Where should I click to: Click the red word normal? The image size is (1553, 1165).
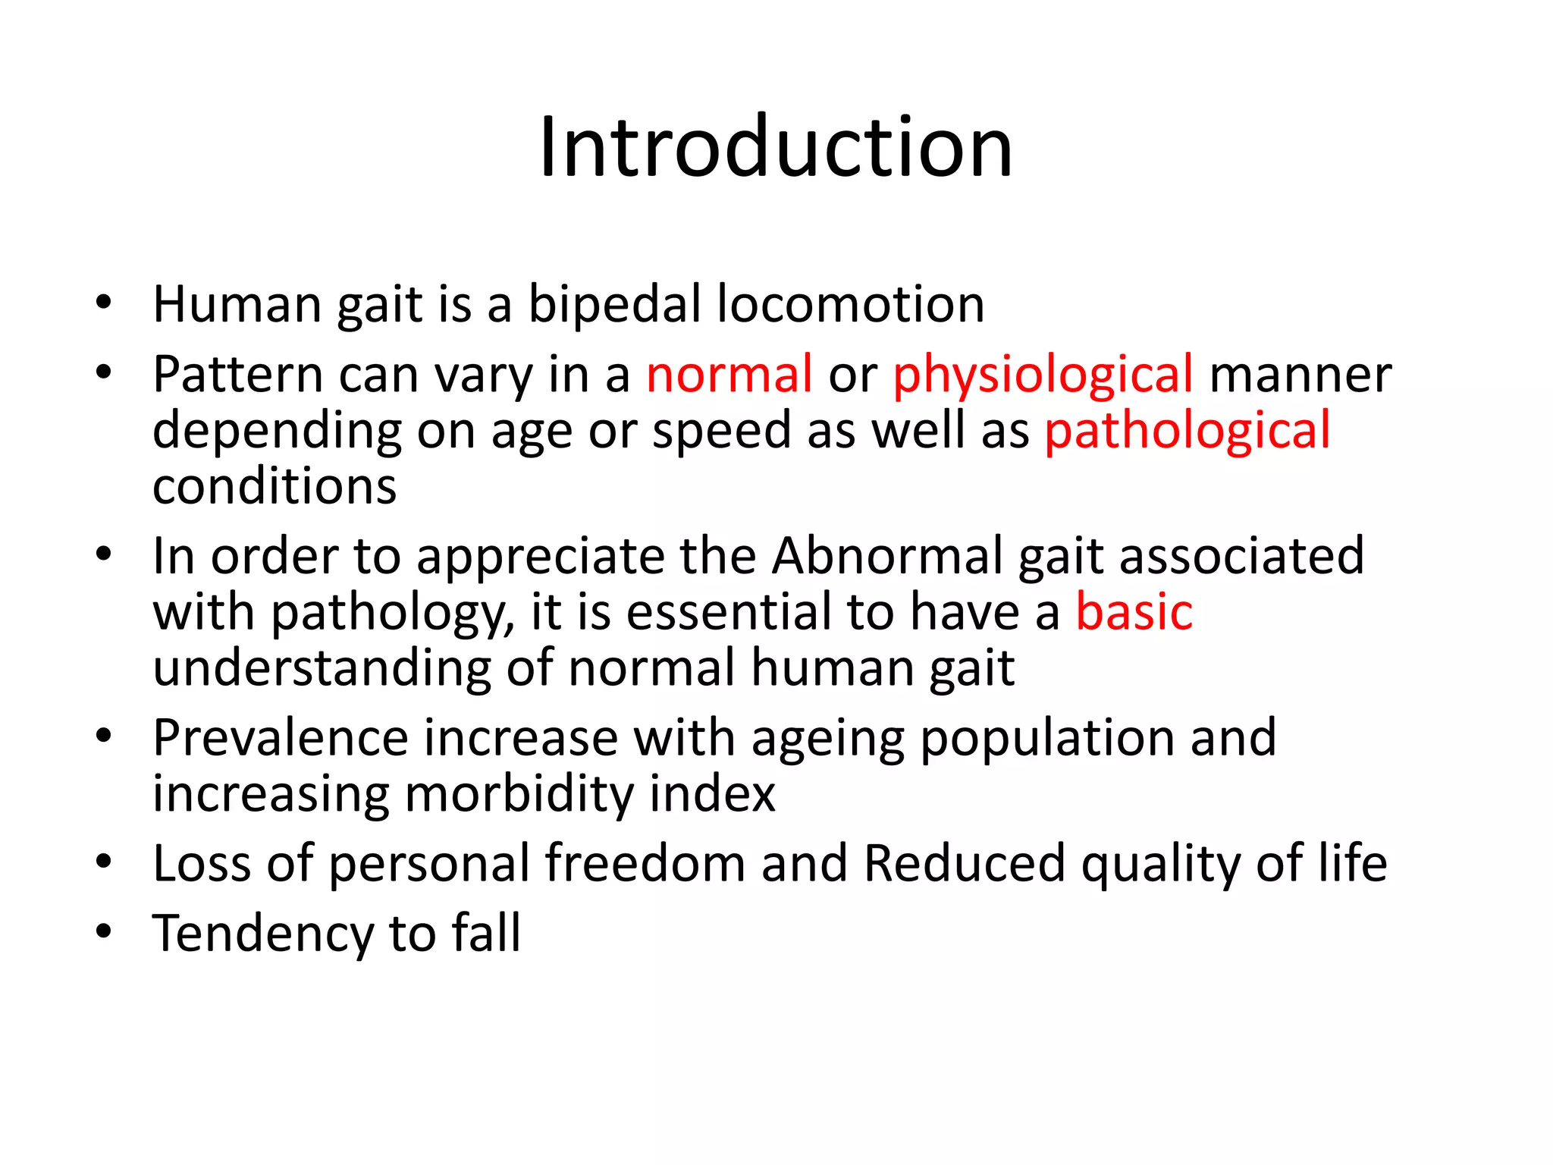tap(729, 374)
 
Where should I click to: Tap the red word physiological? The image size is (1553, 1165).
tap(1043, 375)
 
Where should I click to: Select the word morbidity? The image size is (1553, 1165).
tap(519, 794)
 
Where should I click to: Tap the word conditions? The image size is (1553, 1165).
tap(275, 486)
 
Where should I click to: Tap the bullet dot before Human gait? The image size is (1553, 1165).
tap(104, 302)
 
